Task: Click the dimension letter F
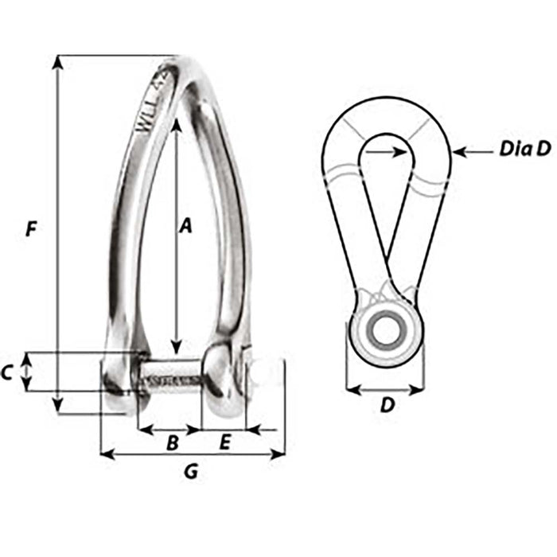pos(30,230)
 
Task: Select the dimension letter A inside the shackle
pos(185,227)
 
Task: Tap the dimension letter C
pos(7,372)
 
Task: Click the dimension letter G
pos(190,472)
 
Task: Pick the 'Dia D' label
pos(525,149)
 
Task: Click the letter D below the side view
pos(387,405)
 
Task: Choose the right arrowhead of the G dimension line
pos(279,455)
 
